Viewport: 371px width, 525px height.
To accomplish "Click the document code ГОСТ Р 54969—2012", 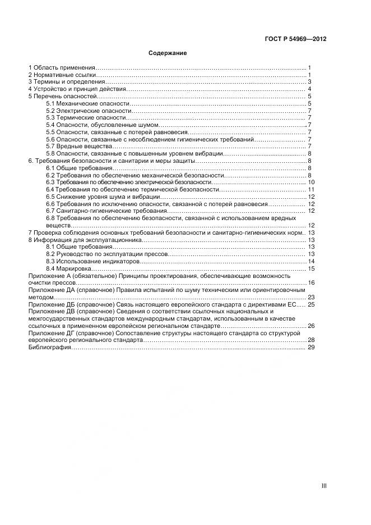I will point(295,39).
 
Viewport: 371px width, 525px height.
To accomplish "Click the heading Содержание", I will point(168,53).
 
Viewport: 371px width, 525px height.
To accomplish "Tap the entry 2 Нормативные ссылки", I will point(62,75).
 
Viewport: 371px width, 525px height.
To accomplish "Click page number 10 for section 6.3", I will point(311,182).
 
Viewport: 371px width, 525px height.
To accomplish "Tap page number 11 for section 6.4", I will point(311,190).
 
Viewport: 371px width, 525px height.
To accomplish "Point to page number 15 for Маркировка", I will point(311,268).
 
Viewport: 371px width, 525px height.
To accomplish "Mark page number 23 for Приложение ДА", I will point(311,297).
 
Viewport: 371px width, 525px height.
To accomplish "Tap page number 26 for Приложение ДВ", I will point(311,326).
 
